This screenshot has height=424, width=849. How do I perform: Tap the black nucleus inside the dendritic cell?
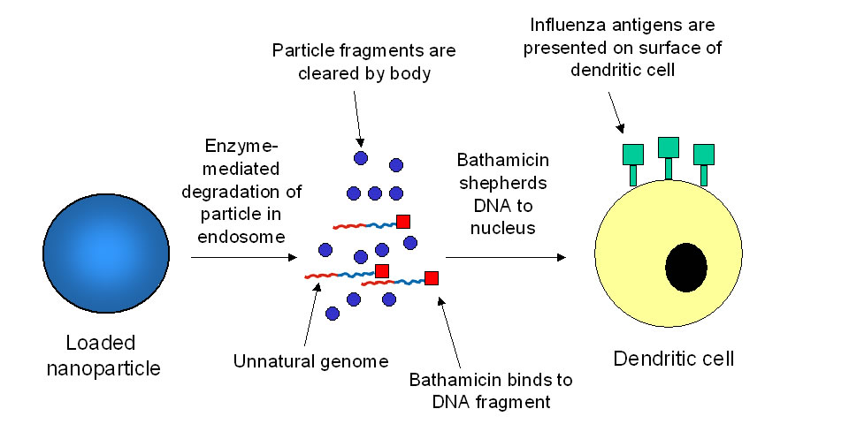coord(686,266)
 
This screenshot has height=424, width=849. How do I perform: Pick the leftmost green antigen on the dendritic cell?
coord(633,155)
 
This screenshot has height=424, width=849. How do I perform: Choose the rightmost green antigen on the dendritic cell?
coord(704,155)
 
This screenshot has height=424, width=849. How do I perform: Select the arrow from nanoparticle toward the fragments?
coord(244,258)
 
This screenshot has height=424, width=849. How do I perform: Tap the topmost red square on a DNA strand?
coord(403,221)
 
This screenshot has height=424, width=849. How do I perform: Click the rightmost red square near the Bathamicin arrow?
coord(432,278)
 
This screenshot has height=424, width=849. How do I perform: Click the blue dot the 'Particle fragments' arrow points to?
coord(361,158)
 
